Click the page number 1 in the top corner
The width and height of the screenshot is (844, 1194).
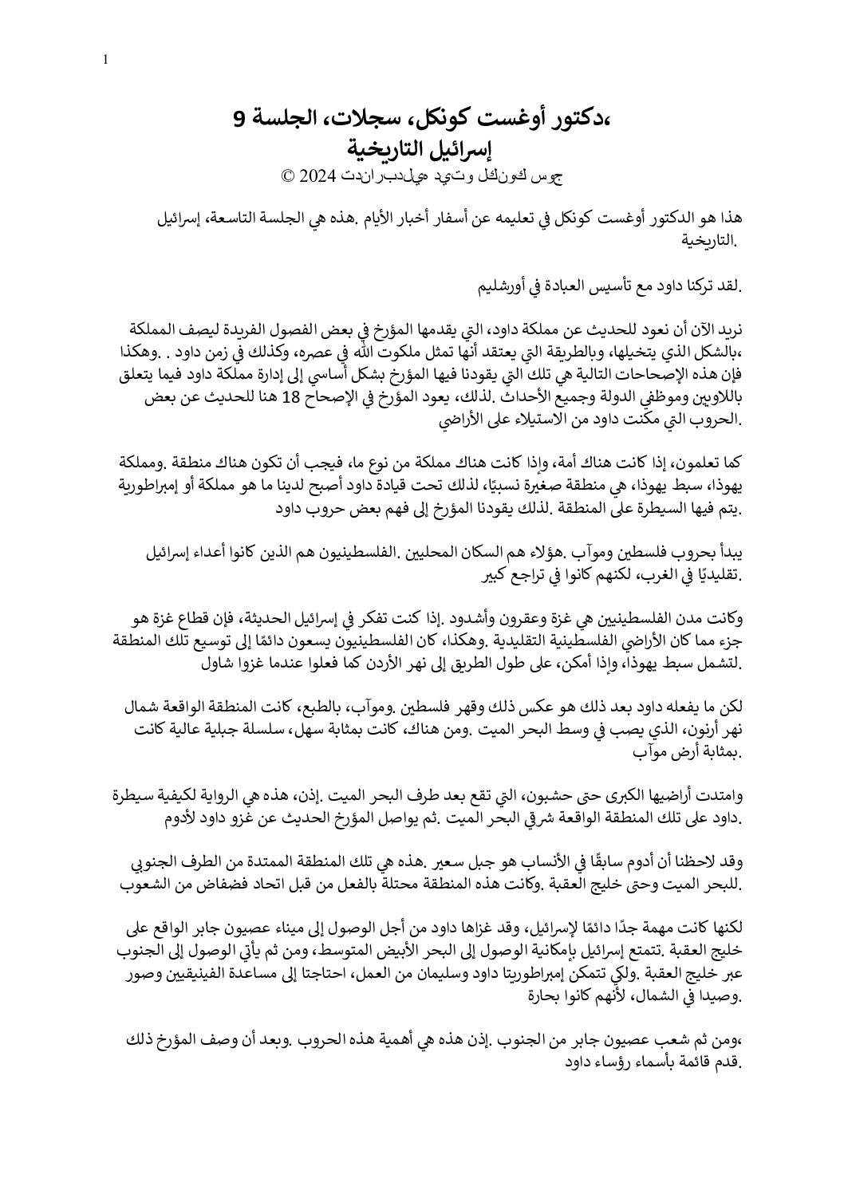(x=105, y=60)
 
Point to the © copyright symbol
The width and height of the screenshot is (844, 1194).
(x=287, y=176)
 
